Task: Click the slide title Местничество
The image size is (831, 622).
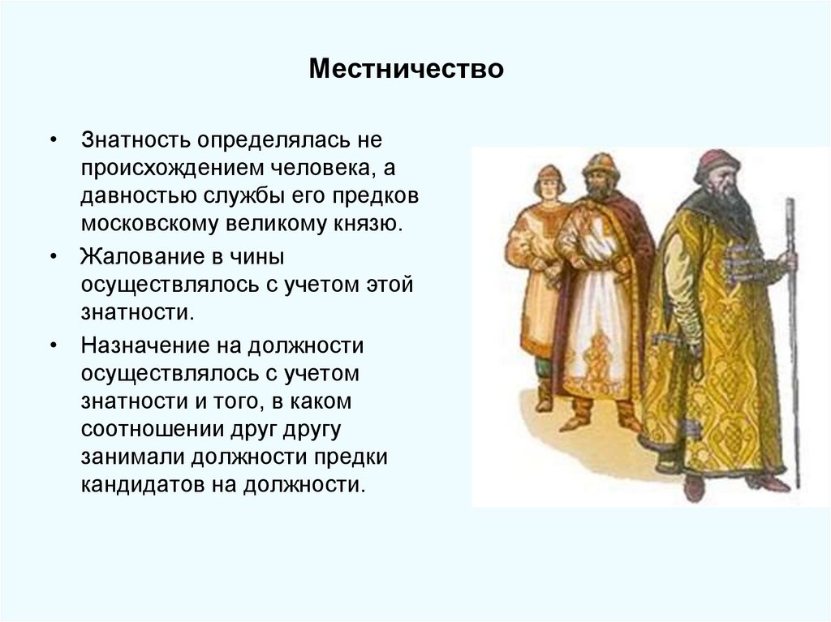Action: [406, 69]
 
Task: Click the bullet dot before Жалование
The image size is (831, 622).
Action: [53, 255]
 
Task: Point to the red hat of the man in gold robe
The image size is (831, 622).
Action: [716, 164]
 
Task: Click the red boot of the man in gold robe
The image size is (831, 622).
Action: [693, 487]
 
